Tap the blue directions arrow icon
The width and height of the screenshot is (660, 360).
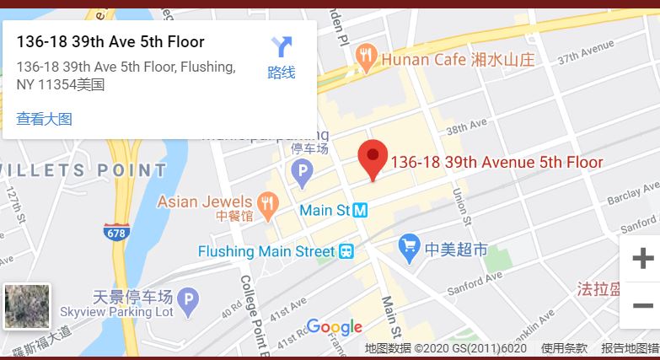[x=281, y=48]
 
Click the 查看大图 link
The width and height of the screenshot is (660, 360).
[x=44, y=119]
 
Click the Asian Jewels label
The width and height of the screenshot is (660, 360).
[x=205, y=201]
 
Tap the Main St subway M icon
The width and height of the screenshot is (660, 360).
[x=360, y=210]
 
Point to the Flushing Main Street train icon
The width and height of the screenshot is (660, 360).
[x=346, y=251]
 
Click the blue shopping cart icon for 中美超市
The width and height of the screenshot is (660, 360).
[x=410, y=246]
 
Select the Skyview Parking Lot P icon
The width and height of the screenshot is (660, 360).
[x=190, y=298]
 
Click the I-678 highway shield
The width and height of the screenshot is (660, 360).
[x=116, y=232]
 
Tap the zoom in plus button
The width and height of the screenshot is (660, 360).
[x=642, y=258]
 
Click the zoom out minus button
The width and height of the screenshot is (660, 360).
[x=642, y=305]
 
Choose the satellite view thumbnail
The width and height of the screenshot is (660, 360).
[x=27, y=306]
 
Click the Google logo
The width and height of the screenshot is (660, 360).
[x=334, y=327]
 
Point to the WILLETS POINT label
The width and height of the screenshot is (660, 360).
[x=84, y=170]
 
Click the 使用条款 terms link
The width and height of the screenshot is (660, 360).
[x=564, y=348]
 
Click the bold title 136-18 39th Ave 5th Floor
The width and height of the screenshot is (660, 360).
[x=110, y=41]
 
